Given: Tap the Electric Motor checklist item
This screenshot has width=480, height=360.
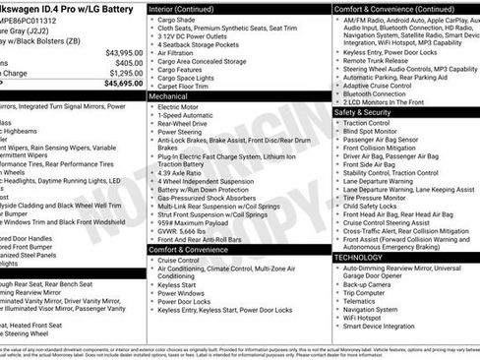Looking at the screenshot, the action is click(x=182, y=108).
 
